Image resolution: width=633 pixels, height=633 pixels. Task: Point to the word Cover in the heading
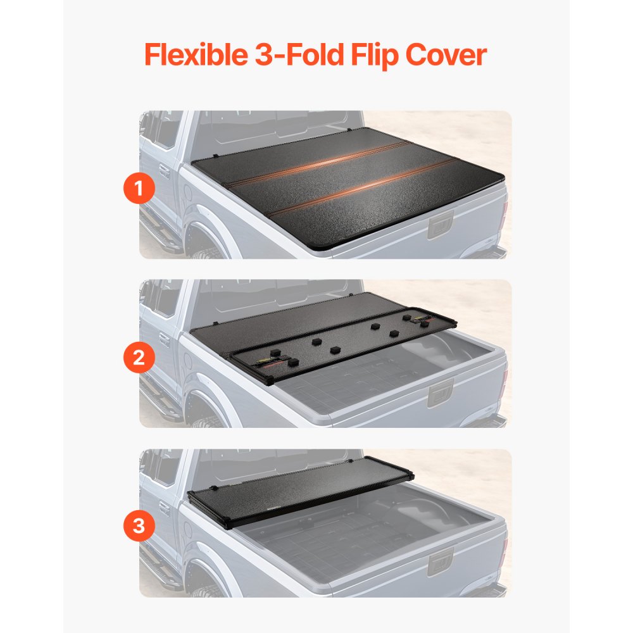pyautogui.click(x=446, y=55)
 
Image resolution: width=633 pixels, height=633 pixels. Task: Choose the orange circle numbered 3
pyautogui.click(x=139, y=527)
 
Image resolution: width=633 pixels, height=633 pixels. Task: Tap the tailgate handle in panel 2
pyautogui.click(x=441, y=393)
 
